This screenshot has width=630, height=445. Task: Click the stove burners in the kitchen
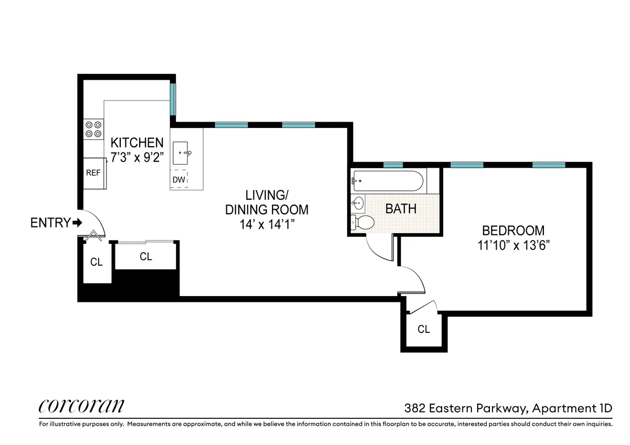coord(93,129)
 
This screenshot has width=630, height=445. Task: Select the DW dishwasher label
coord(179,180)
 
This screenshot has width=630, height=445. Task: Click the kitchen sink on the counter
coord(183,153)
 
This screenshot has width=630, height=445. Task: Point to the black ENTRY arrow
coord(78,223)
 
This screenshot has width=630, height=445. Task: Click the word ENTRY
coord(50,223)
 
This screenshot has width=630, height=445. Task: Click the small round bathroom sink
coord(358,203)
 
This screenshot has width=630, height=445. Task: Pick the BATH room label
coord(401,209)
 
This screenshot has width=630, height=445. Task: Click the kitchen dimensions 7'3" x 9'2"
coord(137,156)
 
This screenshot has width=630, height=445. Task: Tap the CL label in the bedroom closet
coord(424,330)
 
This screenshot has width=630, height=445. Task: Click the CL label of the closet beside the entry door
coord(96,262)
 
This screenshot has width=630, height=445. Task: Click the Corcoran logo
coord(82,406)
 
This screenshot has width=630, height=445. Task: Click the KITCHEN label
coord(137,142)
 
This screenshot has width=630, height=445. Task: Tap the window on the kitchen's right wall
coord(172,99)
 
